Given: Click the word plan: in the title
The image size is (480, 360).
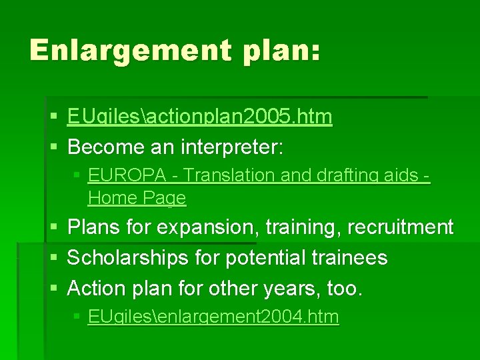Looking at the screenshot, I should click(281, 51).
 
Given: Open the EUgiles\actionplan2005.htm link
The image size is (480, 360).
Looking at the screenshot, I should click(199, 117).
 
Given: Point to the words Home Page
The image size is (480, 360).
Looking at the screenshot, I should click(137, 198).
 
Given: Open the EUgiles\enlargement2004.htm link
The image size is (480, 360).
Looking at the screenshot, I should click(213, 317).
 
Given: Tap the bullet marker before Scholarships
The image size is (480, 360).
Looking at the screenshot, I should click(53, 258).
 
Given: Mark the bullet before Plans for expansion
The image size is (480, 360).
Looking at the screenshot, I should click(53, 228).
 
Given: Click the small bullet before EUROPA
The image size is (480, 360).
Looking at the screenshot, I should click(77, 176).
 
